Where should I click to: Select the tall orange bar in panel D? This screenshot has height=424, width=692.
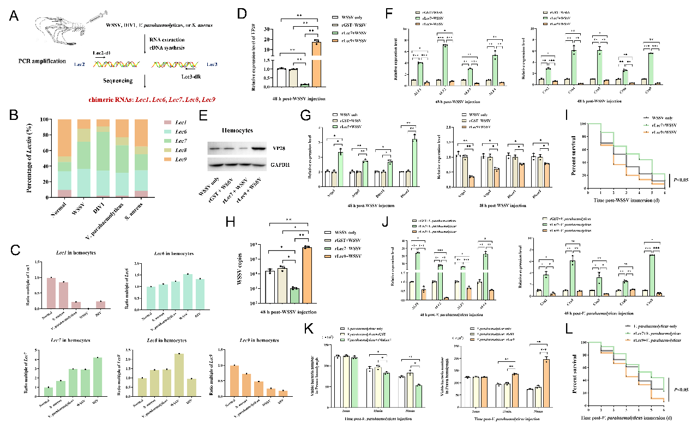316,63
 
